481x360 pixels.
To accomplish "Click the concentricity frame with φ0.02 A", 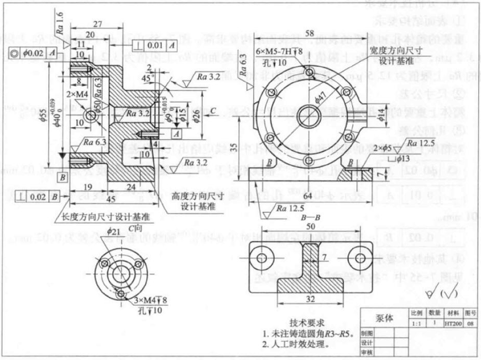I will click(34, 52).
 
